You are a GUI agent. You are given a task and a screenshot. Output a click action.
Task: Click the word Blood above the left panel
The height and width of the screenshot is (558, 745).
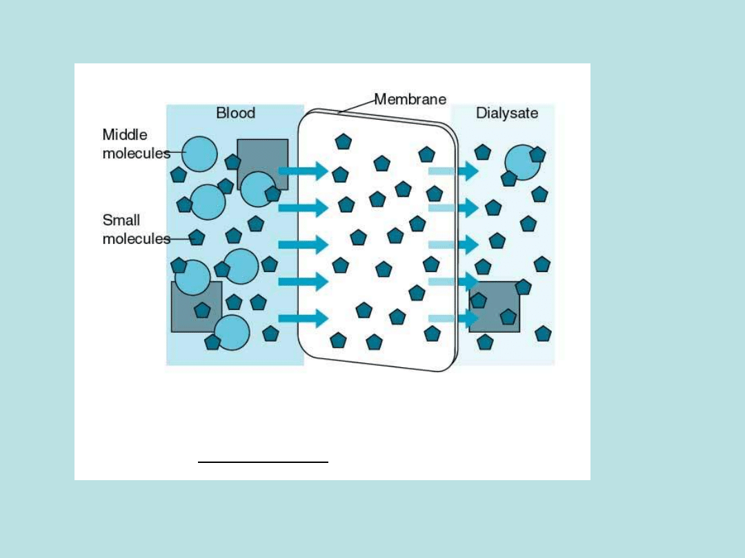pyautogui.click(x=235, y=113)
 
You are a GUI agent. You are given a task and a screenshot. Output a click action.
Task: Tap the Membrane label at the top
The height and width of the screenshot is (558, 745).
pyautogui.click(x=410, y=99)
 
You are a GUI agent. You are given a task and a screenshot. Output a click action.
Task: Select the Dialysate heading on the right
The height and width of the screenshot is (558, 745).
pyautogui.click(x=506, y=113)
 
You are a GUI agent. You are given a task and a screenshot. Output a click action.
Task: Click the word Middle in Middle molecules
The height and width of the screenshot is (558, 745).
pyautogui.click(x=125, y=135)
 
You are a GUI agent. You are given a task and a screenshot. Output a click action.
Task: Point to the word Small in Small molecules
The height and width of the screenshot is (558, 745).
pyautogui.click(x=121, y=220)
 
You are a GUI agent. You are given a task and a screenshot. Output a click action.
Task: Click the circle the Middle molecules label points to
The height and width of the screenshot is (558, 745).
pyautogui.click(x=200, y=154)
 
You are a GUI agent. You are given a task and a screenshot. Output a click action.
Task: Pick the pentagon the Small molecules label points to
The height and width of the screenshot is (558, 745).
pyautogui.click(x=197, y=238)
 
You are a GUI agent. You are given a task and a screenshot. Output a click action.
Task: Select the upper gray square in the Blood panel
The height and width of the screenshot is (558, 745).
pyautogui.click(x=262, y=156)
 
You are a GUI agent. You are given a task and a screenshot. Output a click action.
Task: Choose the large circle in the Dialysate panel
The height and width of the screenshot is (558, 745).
pyautogui.click(x=522, y=163)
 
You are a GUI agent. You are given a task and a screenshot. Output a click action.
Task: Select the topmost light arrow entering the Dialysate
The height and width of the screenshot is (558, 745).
pyautogui.click(x=453, y=171)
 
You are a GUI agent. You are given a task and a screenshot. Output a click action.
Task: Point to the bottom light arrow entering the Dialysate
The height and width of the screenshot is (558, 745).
pyautogui.click(x=453, y=318)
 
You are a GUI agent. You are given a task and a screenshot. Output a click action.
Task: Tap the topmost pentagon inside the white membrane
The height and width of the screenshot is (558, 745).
pyautogui.click(x=343, y=142)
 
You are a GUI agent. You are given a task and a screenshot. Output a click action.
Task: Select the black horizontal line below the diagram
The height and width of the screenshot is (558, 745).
pyautogui.click(x=263, y=462)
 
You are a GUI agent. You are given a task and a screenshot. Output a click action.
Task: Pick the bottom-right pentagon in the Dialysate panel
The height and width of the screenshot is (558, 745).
pyautogui.click(x=543, y=334)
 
